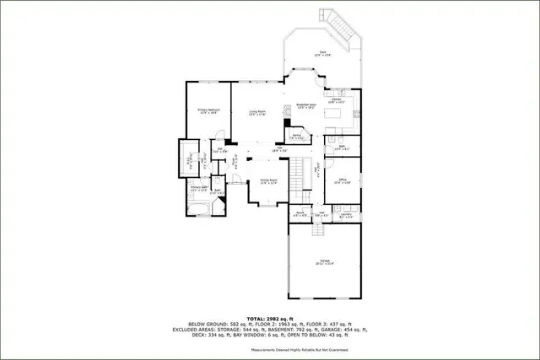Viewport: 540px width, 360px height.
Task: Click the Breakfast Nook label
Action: click(305, 106)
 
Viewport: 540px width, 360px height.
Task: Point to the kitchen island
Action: click(341, 111)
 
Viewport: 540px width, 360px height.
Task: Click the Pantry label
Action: click(297, 137)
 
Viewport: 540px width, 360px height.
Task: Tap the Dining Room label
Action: click(269, 181)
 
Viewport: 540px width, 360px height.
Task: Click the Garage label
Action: click(324, 262)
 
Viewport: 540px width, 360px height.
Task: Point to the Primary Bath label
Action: click(198, 189)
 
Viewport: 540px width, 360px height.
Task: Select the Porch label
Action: click(300, 214)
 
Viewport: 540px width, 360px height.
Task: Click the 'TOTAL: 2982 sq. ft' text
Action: click(270, 318)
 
